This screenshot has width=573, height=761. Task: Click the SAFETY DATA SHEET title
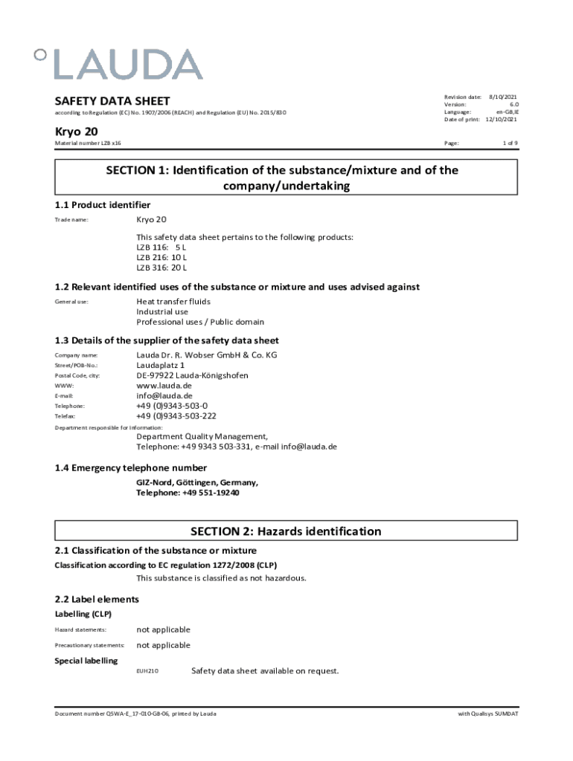pos(112,101)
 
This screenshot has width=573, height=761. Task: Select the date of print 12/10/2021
pos(502,120)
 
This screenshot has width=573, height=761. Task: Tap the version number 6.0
pos(513,105)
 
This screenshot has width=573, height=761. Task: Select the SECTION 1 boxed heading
pos(286,178)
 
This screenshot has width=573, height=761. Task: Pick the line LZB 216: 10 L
pos(161,256)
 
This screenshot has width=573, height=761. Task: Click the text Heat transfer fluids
pos(173,302)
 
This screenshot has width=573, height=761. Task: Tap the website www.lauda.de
pos(164,386)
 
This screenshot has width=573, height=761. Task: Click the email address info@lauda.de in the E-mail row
pos(164,396)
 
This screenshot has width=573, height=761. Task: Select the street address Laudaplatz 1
pos(160,366)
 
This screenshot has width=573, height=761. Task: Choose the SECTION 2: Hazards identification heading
pos(286,531)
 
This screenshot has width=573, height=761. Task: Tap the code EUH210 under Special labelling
pos(147,671)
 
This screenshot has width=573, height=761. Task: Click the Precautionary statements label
pos(90,646)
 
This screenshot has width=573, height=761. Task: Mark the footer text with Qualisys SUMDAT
pos(489,714)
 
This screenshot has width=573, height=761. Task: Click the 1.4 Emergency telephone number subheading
pos(131,468)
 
